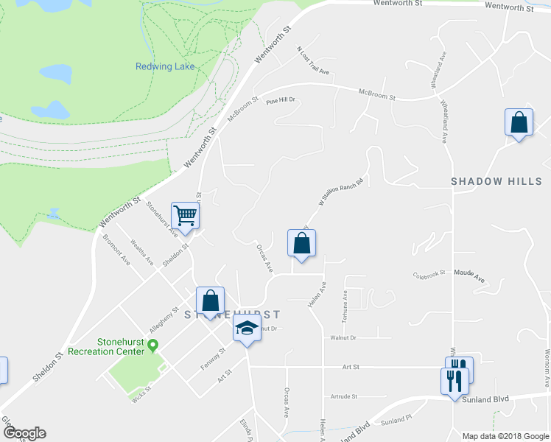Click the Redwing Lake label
coord(165,66)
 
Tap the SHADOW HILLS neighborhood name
coord(496,181)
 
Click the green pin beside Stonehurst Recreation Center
coord(153,344)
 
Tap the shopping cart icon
coord(186,216)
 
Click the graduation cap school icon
coord(247,329)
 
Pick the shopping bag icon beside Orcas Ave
coord(301,243)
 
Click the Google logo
coord(24,433)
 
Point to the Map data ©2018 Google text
coord(505,436)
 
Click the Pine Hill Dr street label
coord(281,100)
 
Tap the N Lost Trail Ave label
coord(312,61)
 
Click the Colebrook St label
coord(429,274)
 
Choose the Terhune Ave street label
coord(344,306)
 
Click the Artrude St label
coord(343,396)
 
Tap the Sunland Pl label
coord(399,420)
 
